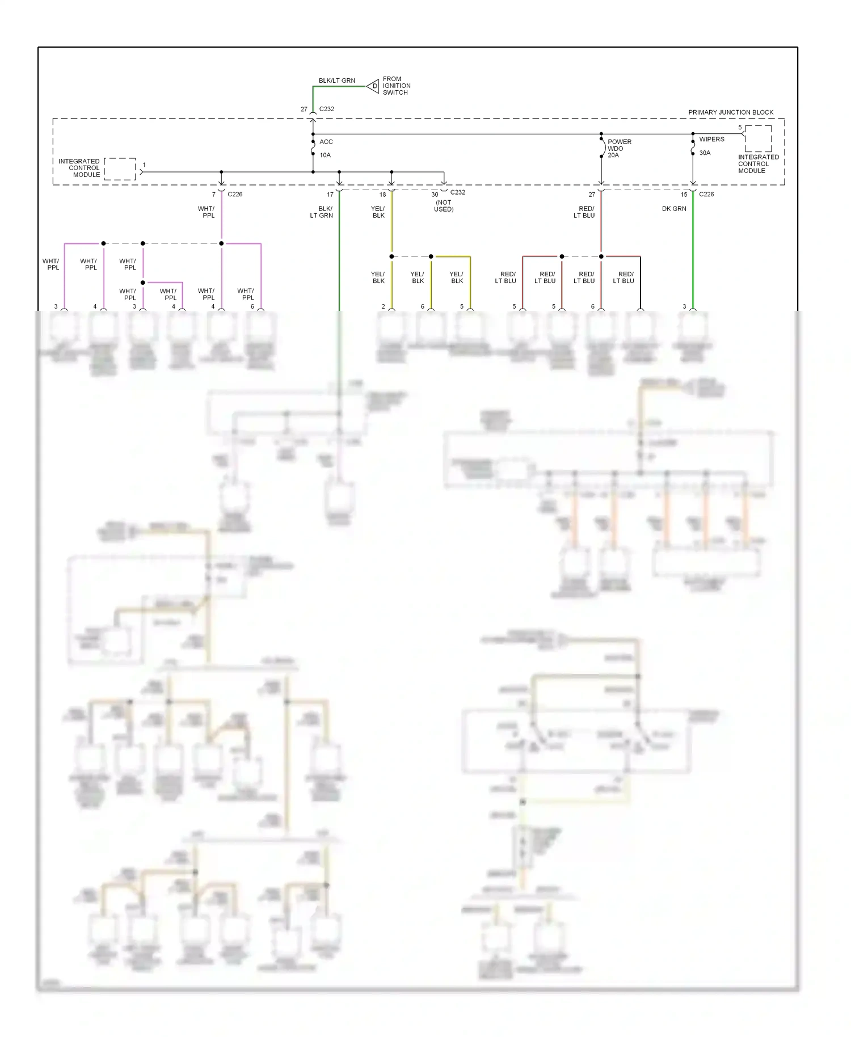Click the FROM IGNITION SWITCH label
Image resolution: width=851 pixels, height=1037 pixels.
(396, 86)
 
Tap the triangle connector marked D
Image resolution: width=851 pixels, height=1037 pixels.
(373, 86)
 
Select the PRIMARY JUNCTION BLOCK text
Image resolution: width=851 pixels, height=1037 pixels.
(730, 112)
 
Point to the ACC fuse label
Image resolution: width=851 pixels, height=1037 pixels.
(326, 142)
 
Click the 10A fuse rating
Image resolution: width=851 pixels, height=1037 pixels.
(325, 155)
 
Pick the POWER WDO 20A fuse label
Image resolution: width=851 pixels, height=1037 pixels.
(619, 148)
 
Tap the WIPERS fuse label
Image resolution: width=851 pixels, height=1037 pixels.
(711, 139)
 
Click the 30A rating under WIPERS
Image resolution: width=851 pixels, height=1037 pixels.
(705, 153)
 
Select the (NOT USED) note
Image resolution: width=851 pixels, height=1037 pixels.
(444, 206)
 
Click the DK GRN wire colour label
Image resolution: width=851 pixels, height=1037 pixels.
(674, 209)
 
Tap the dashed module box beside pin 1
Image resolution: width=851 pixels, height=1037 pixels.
(120, 169)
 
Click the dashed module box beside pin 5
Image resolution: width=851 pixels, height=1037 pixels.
(758, 138)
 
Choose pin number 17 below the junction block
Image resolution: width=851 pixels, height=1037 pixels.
(330, 195)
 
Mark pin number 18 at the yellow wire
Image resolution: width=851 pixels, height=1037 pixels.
(382, 195)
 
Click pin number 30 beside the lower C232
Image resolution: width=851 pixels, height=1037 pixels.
(435, 195)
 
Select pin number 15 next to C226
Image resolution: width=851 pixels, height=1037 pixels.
(684, 195)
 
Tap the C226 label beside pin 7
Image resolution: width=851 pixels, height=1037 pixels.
(235, 194)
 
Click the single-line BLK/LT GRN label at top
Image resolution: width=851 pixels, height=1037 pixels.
(337, 81)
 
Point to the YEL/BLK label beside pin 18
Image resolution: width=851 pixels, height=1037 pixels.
(378, 212)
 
